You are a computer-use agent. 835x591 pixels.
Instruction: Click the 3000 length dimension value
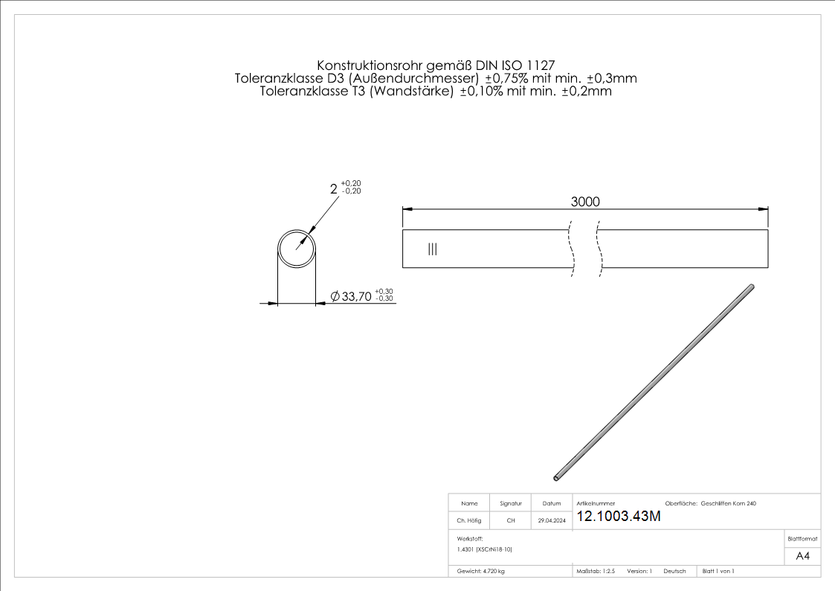point(585,202)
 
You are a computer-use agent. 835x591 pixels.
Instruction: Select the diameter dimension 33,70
point(356,296)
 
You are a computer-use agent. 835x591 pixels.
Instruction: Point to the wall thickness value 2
point(334,189)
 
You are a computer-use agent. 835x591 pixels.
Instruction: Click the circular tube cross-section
point(297,249)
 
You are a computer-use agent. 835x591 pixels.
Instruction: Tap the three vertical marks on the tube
point(432,249)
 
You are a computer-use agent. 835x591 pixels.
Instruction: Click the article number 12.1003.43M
point(619,517)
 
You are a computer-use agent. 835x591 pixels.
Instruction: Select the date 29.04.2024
point(552,521)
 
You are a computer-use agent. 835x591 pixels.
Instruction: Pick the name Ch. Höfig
point(468,521)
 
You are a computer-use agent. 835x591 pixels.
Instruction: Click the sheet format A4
point(802,556)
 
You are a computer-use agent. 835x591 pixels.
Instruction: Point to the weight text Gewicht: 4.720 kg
point(481,572)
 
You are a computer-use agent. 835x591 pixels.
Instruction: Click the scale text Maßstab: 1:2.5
point(596,572)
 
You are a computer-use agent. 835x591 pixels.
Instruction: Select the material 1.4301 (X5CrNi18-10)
point(485,549)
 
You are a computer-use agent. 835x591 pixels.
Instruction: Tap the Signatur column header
point(511,504)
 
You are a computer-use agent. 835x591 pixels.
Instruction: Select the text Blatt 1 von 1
point(718,572)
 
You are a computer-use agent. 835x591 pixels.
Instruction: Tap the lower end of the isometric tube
point(558,477)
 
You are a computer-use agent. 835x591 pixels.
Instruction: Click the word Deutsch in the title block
point(674,572)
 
